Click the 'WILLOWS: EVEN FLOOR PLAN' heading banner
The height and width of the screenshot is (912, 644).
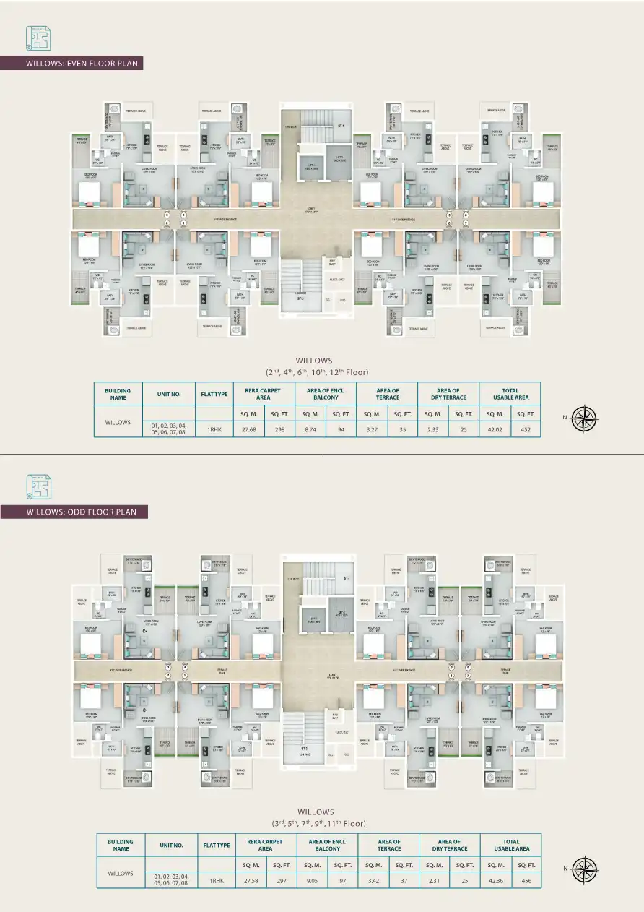click(x=71, y=64)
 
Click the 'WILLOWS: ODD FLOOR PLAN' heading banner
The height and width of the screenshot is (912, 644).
click(x=75, y=512)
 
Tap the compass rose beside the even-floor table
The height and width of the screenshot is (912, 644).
click(x=584, y=417)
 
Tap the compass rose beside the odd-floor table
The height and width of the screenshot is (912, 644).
click(x=584, y=867)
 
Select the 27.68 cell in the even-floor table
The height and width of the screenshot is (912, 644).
click(x=248, y=429)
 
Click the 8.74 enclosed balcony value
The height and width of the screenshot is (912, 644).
click(x=310, y=429)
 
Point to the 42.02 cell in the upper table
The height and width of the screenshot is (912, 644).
click(x=495, y=429)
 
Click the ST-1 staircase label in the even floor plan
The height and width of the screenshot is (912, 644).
click(x=341, y=126)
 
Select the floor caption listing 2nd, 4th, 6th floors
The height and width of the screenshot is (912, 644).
click(x=317, y=372)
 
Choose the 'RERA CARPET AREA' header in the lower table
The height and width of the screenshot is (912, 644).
click(x=265, y=845)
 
